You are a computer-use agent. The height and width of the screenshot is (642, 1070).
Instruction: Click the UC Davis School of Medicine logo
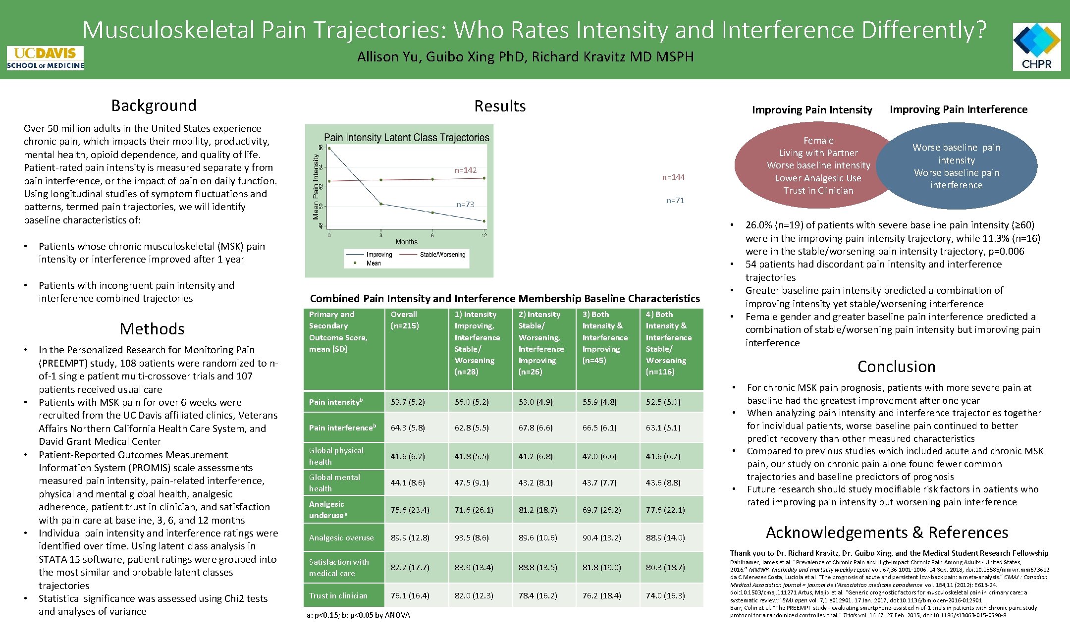click(x=45, y=58)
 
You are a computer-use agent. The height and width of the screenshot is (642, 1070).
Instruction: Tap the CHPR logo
click(x=1036, y=47)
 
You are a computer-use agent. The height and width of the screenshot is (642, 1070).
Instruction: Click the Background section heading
click(x=154, y=106)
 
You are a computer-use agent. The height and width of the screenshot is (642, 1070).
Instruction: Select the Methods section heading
click(x=152, y=329)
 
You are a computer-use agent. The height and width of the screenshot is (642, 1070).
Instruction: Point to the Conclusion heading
click(x=896, y=367)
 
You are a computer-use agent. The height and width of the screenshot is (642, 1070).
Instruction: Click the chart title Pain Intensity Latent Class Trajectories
click(x=406, y=138)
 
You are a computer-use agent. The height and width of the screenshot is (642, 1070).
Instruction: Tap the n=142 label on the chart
click(x=465, y=170)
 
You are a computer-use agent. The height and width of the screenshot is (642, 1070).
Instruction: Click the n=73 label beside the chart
click(x=465, y=204)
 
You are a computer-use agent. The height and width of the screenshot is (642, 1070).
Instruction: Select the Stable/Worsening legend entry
click(x=442, y=255)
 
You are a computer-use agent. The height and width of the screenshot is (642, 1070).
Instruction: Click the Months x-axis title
click(x=406, y=242)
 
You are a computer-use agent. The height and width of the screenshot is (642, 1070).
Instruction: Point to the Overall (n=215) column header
click(x=405, y=320)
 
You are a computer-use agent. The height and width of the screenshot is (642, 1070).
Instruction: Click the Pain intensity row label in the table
click(x=336, y=402)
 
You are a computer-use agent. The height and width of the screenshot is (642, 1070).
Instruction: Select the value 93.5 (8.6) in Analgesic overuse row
click(x=472, y=537)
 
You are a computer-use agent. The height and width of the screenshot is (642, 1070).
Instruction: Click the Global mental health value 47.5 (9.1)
click(x=472, y=482)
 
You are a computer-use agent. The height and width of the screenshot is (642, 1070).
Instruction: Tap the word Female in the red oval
click(x=818, y=141)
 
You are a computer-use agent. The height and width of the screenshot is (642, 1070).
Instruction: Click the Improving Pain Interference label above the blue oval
click(x=958, y=109)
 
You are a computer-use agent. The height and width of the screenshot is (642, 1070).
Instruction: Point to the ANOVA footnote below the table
click(x=358, y=615)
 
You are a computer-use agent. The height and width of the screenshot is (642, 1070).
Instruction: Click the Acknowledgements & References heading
click(x=887, y=533)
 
